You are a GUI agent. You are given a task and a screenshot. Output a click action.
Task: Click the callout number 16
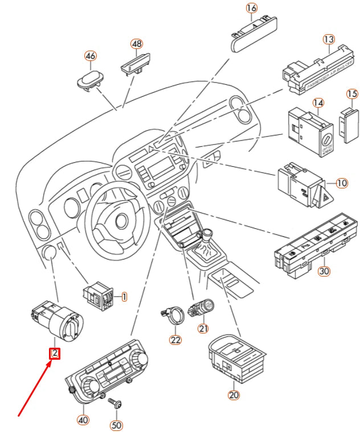click(x=252, y=8)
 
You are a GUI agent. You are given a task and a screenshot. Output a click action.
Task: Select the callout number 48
click(x=137, y=44)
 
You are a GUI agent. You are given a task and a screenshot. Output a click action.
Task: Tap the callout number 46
click(x=91, y=56)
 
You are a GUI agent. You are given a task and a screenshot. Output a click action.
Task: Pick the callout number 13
click(x=329, y=39)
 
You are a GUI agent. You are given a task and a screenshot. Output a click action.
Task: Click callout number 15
click(x=352, y=93)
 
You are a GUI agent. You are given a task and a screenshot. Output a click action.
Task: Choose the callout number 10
click(x=341, y=183)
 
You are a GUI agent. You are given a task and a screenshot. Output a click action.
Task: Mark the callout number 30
click(x=324, y=271)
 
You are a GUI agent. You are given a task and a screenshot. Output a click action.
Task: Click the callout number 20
click(x=234, y=394)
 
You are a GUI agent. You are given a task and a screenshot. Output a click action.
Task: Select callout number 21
click(x=203, y=328)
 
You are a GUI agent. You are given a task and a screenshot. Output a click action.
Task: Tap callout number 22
click(x=175, y=340)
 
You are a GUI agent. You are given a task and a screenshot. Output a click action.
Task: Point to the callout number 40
click(x=83, y=421)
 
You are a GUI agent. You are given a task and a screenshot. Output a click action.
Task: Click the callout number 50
click(x=117, y=425)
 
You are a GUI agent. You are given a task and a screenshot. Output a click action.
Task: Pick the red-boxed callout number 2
click(x=54, y=354)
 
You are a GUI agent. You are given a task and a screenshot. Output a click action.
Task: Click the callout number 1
click(x=124, y=297)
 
